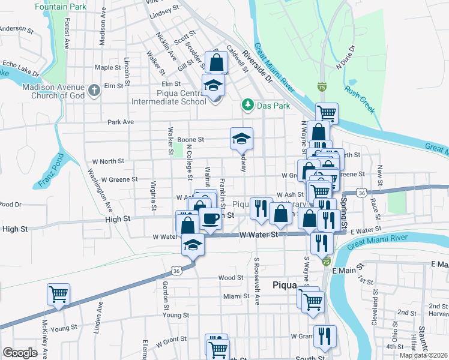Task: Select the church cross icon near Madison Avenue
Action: (94, 90)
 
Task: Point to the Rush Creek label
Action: (359, 99)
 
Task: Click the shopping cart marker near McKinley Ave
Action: (59, 295)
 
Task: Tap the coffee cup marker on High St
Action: (210, 218)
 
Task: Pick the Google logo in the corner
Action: (20, 352)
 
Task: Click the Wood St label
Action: (231, 278)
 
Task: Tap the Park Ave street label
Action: (120, 122)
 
